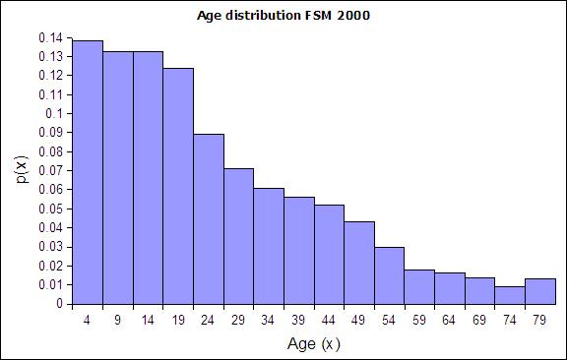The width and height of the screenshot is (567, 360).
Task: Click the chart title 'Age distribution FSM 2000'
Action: point(283,16)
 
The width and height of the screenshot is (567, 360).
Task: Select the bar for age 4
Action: point(88,172)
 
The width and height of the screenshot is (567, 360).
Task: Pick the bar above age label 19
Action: point(178,186)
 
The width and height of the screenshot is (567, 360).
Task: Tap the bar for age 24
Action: point(209,219)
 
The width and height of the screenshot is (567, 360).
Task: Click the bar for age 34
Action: point(269,246)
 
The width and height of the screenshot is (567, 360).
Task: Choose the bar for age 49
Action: point(359,263)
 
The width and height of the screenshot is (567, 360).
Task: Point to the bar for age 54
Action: point(390,275)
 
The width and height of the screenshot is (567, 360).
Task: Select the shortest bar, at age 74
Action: point(510,295)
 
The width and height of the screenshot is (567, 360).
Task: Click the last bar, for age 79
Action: point(540,291)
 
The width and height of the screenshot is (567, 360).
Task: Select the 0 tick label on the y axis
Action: point(60,304)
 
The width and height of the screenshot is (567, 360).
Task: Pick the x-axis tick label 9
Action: point(117,320)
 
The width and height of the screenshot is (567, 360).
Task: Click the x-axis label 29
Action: point(238,320)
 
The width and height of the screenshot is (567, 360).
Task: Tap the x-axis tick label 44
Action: point(329,320)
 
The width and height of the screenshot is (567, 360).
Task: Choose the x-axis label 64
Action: point(449,320)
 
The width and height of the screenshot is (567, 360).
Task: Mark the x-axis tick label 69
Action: point(479,320)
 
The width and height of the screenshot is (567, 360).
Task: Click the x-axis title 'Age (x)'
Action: point(313,343)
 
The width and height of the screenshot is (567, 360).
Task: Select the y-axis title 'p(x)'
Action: point(23,169)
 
